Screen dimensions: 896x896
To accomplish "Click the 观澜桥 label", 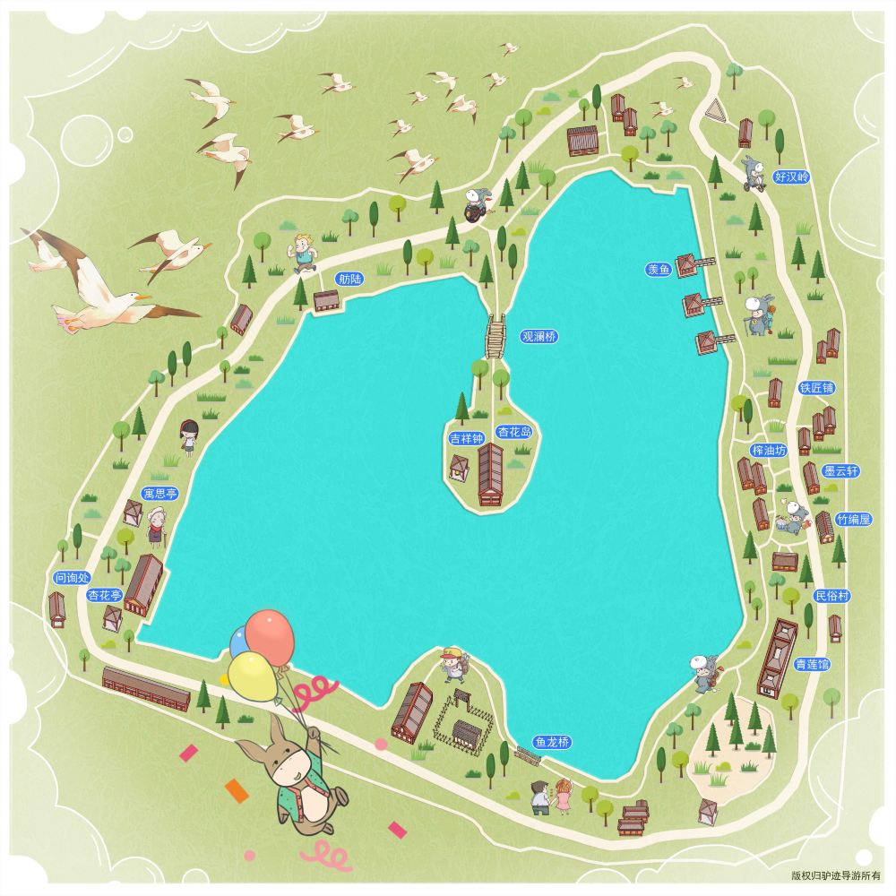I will pyautogui.click(x=539, y=337).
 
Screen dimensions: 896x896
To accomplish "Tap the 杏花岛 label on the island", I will pyautogui.click(x=515, y=432).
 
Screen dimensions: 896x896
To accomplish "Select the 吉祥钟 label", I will pyautogui.click(x=466, y=439).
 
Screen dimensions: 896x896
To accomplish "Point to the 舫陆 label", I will pyautogui.click(x=350, y=279).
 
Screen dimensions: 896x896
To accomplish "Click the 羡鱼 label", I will pyautogui.click(x=658, y=269).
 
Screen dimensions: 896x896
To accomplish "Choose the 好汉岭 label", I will pyautogui.click(x=791, y=177).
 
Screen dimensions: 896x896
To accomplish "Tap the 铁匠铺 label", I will pyautogui.click(x=816, y=388).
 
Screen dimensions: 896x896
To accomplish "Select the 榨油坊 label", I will pyautogui.click(x=769, y=450).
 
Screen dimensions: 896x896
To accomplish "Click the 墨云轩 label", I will pyautogui.click(x=841, y=470).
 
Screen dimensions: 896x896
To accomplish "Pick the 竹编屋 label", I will pyautogui.click(x=853, y=520).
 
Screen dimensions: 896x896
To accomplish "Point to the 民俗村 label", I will pyautogui.click(x=831, y=596).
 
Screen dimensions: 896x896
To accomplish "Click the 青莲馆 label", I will pyautogui.click(x=812, y=664).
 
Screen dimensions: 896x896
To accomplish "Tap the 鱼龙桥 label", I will pyautogui.click(x=552, y=742).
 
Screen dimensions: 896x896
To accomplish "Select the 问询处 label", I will pyautogui.click(x=73, y=578).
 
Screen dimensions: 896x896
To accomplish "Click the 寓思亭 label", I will pyautogui.click(x=160, y=494).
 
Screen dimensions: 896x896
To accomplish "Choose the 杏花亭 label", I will pyautogui.click(x=105, y=595).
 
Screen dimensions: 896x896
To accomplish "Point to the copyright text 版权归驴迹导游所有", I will pyautogui.click(x=836, y=876).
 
